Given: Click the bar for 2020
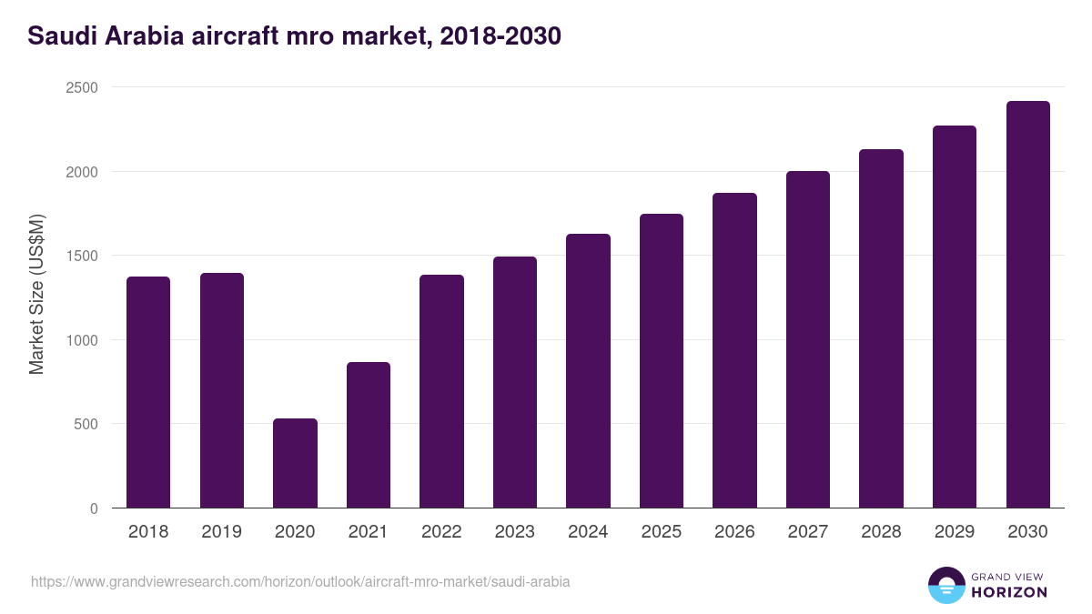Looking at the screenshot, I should [295, 463].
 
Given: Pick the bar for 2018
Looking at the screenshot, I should [148, 392].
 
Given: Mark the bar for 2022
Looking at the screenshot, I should [441, 391].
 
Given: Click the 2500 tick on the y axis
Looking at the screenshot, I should [81, 87].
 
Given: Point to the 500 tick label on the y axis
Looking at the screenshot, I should [86, 424].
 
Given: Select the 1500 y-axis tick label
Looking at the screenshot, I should [81, 256].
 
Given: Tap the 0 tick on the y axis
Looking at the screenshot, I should [94, 508].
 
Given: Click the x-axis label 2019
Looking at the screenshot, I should [222, 532].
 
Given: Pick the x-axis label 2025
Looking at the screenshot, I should [662, 532].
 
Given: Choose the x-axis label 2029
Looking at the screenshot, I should [954, 532].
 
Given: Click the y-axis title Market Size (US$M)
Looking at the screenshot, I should [36, 296].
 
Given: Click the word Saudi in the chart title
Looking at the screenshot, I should [59, 36].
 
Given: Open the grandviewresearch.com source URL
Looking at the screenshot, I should [300, 581].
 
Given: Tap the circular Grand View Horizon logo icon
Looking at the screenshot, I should [945, 585].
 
